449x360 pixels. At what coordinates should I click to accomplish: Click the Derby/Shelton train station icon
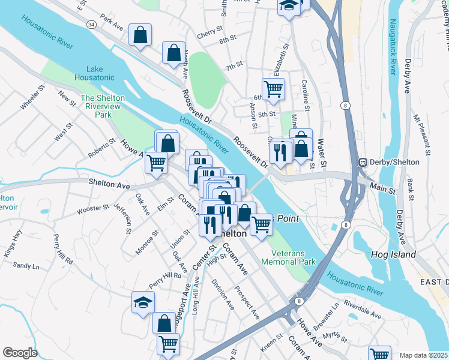point(362,163)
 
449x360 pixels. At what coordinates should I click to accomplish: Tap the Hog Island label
point(394,254)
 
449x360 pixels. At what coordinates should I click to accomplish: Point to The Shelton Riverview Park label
point(103,106)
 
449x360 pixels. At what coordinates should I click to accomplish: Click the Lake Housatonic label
point(94,73)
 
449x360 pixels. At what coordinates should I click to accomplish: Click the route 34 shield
point(91,24)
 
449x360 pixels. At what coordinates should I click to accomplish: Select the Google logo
point(20,352)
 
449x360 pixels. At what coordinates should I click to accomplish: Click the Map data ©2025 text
point(424,355)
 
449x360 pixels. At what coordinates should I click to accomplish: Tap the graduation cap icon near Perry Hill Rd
point(143,302)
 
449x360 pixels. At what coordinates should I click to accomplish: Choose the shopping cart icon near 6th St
point(273,89)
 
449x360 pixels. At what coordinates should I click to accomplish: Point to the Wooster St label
point(93,209)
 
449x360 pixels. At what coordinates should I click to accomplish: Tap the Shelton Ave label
point(109,184)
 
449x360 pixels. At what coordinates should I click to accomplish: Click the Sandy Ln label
point(26,265)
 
